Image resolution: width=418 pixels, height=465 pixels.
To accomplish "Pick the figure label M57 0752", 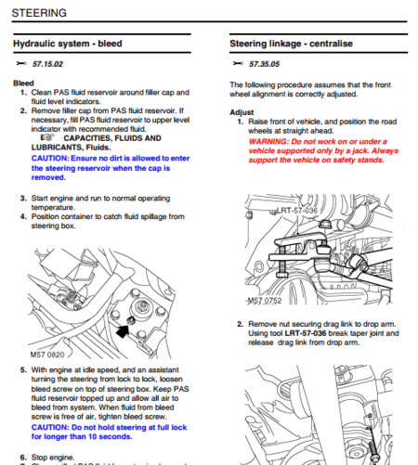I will click(x=266, y=301).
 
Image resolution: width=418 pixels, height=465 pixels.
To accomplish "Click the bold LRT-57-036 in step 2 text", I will click(x=306, y=333).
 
